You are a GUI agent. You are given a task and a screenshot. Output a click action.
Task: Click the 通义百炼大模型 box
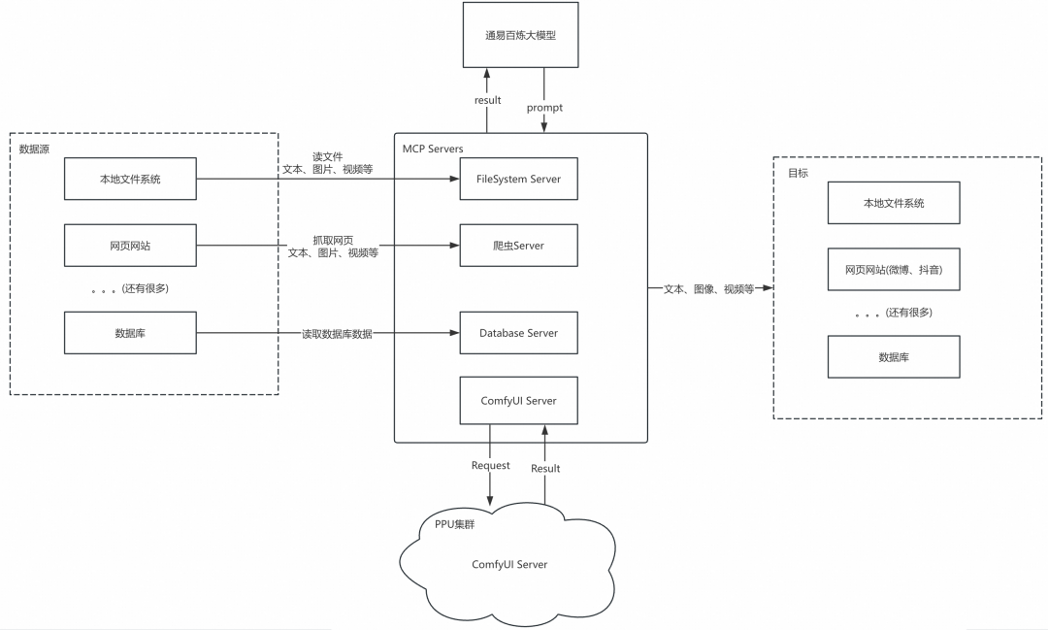click(x=521, y=35)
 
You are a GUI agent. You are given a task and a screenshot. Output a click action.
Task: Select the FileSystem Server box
click(x=518, y=179)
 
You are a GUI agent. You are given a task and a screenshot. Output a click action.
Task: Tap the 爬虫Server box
click(x=518, y=246)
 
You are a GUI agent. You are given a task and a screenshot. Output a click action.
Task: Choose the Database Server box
click(x=518, y=332)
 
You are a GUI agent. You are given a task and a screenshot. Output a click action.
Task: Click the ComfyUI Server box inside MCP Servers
click(x=518, y=401)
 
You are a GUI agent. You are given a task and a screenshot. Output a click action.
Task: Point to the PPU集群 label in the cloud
click(x=454, y=524)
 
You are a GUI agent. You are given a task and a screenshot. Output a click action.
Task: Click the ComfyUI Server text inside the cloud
click(x=509, y=564)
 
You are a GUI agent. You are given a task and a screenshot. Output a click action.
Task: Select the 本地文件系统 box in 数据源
click(x=130, y=179)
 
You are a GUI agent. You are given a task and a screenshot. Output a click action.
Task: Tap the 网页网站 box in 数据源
click(x=130, y=246)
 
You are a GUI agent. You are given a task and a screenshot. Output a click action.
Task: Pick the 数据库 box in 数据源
click(x=130, y=332)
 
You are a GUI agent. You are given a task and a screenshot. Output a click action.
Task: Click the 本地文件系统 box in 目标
click(x=894, y=203)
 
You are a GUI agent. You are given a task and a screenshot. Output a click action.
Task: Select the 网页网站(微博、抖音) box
click(x=894, y=270)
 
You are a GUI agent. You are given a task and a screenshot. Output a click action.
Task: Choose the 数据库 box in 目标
click(x=894, y=357)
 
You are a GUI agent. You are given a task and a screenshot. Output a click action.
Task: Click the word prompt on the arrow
click(x=544, y=108)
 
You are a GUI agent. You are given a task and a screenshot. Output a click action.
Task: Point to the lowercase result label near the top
click(x=488, y=100)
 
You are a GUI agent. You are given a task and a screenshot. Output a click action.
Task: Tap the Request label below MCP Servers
click(x=491, y=466)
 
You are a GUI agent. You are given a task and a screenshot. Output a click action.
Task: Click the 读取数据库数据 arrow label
click(x=337, y=334)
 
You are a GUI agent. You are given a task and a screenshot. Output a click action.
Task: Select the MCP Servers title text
click(x=433, y=149)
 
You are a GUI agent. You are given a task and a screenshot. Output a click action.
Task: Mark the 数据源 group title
click(x=34, y=149)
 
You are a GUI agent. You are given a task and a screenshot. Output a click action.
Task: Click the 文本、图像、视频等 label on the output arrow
click(x=708, y=289)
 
